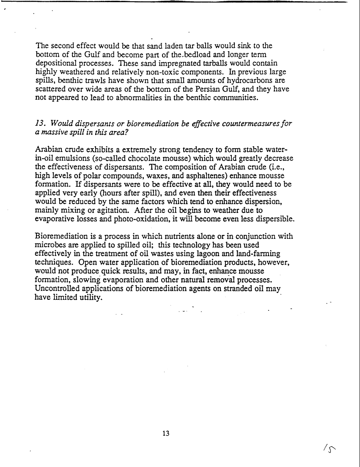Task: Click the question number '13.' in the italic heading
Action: point(41,123)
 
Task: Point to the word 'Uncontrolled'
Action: point(58,289)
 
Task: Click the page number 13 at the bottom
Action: point(166,433)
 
